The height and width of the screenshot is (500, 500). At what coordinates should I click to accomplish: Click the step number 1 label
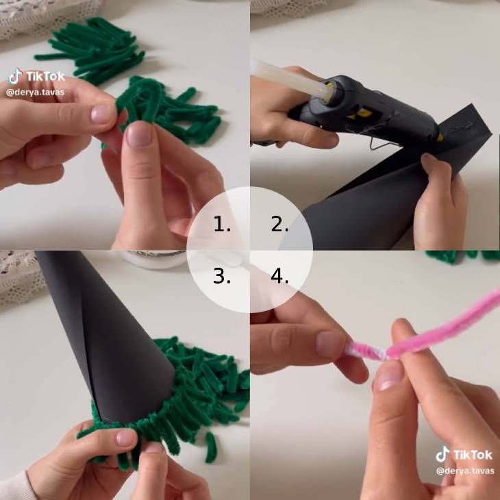tap(222, 224)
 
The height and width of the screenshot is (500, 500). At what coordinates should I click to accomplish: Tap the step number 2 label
tap(279, 224)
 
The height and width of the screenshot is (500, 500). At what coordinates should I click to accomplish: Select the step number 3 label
tap(222, 276)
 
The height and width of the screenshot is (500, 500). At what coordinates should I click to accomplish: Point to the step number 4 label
tap(279, 276)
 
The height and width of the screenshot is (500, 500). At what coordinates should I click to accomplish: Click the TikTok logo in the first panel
tap(37, 77)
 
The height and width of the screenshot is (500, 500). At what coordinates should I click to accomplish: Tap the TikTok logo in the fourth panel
tap(464, 454)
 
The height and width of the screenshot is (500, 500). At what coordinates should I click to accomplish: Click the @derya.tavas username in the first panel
tap(35, 92)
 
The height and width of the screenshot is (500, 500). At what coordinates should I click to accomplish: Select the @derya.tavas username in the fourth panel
tap(465, 471)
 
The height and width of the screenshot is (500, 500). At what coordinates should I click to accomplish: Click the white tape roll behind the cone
tap(153, 258)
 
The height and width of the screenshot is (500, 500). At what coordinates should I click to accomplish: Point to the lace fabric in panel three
tap(19, 277)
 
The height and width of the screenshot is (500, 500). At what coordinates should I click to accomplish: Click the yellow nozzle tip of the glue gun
tap(440, 138)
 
